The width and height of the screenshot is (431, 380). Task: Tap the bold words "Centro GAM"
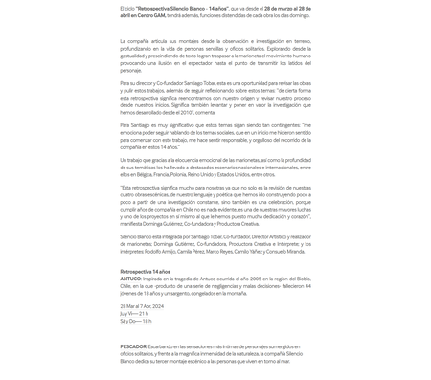coord(150,15)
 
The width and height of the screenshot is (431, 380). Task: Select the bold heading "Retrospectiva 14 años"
coord(146,272)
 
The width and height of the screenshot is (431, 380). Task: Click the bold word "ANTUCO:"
coord(130,279)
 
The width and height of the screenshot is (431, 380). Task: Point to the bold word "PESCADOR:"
coord(133,346)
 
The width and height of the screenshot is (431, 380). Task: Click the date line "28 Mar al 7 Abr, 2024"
coord(142,306)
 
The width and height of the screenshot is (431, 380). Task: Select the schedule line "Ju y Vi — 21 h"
coord(134,313)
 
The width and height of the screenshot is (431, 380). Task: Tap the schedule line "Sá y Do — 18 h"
coord(136,321)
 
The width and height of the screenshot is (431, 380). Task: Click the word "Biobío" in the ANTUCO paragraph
coord(300,279)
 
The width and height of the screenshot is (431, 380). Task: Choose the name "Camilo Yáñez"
coord(247,251)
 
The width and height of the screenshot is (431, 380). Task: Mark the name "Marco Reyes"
coord(219,251)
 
